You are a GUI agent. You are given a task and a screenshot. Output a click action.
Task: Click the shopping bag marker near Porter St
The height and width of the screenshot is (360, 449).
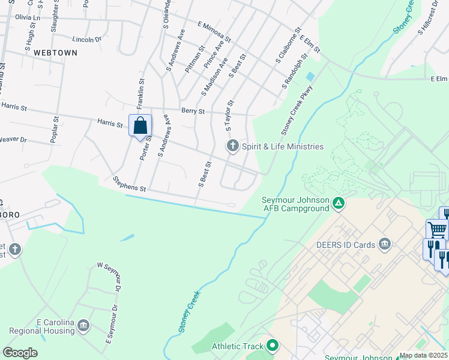point(140,127)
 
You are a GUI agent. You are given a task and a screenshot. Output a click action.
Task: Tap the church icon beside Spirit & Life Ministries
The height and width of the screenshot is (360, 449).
point(232,146)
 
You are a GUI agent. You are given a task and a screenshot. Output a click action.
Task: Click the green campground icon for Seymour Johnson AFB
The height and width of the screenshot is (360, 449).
point(339,203)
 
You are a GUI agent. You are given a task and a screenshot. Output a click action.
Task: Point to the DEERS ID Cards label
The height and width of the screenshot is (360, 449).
point(346,244)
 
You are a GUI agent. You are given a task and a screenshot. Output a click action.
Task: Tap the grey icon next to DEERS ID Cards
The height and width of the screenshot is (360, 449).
point(385,244)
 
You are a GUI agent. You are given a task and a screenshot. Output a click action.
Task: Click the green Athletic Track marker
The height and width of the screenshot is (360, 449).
point(273,346)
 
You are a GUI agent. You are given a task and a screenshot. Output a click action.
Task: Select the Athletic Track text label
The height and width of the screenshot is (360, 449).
point(238,346)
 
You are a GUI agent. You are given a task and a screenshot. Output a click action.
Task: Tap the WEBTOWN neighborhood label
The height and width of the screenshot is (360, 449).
point(56,53)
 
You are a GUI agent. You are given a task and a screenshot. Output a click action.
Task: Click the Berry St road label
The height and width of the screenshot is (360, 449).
point(193,111)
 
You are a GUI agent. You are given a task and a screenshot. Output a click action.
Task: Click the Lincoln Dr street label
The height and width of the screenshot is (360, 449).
point(87,40)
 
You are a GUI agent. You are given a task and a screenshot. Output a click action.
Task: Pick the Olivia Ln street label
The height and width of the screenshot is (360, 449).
point(28,18)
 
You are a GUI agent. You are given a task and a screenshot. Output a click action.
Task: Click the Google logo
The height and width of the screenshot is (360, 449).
point(20,352)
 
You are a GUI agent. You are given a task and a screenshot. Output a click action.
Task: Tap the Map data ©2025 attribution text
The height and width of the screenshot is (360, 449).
point(423,355)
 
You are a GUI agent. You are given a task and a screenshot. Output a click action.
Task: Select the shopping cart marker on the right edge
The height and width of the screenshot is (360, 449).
point(436,229)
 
